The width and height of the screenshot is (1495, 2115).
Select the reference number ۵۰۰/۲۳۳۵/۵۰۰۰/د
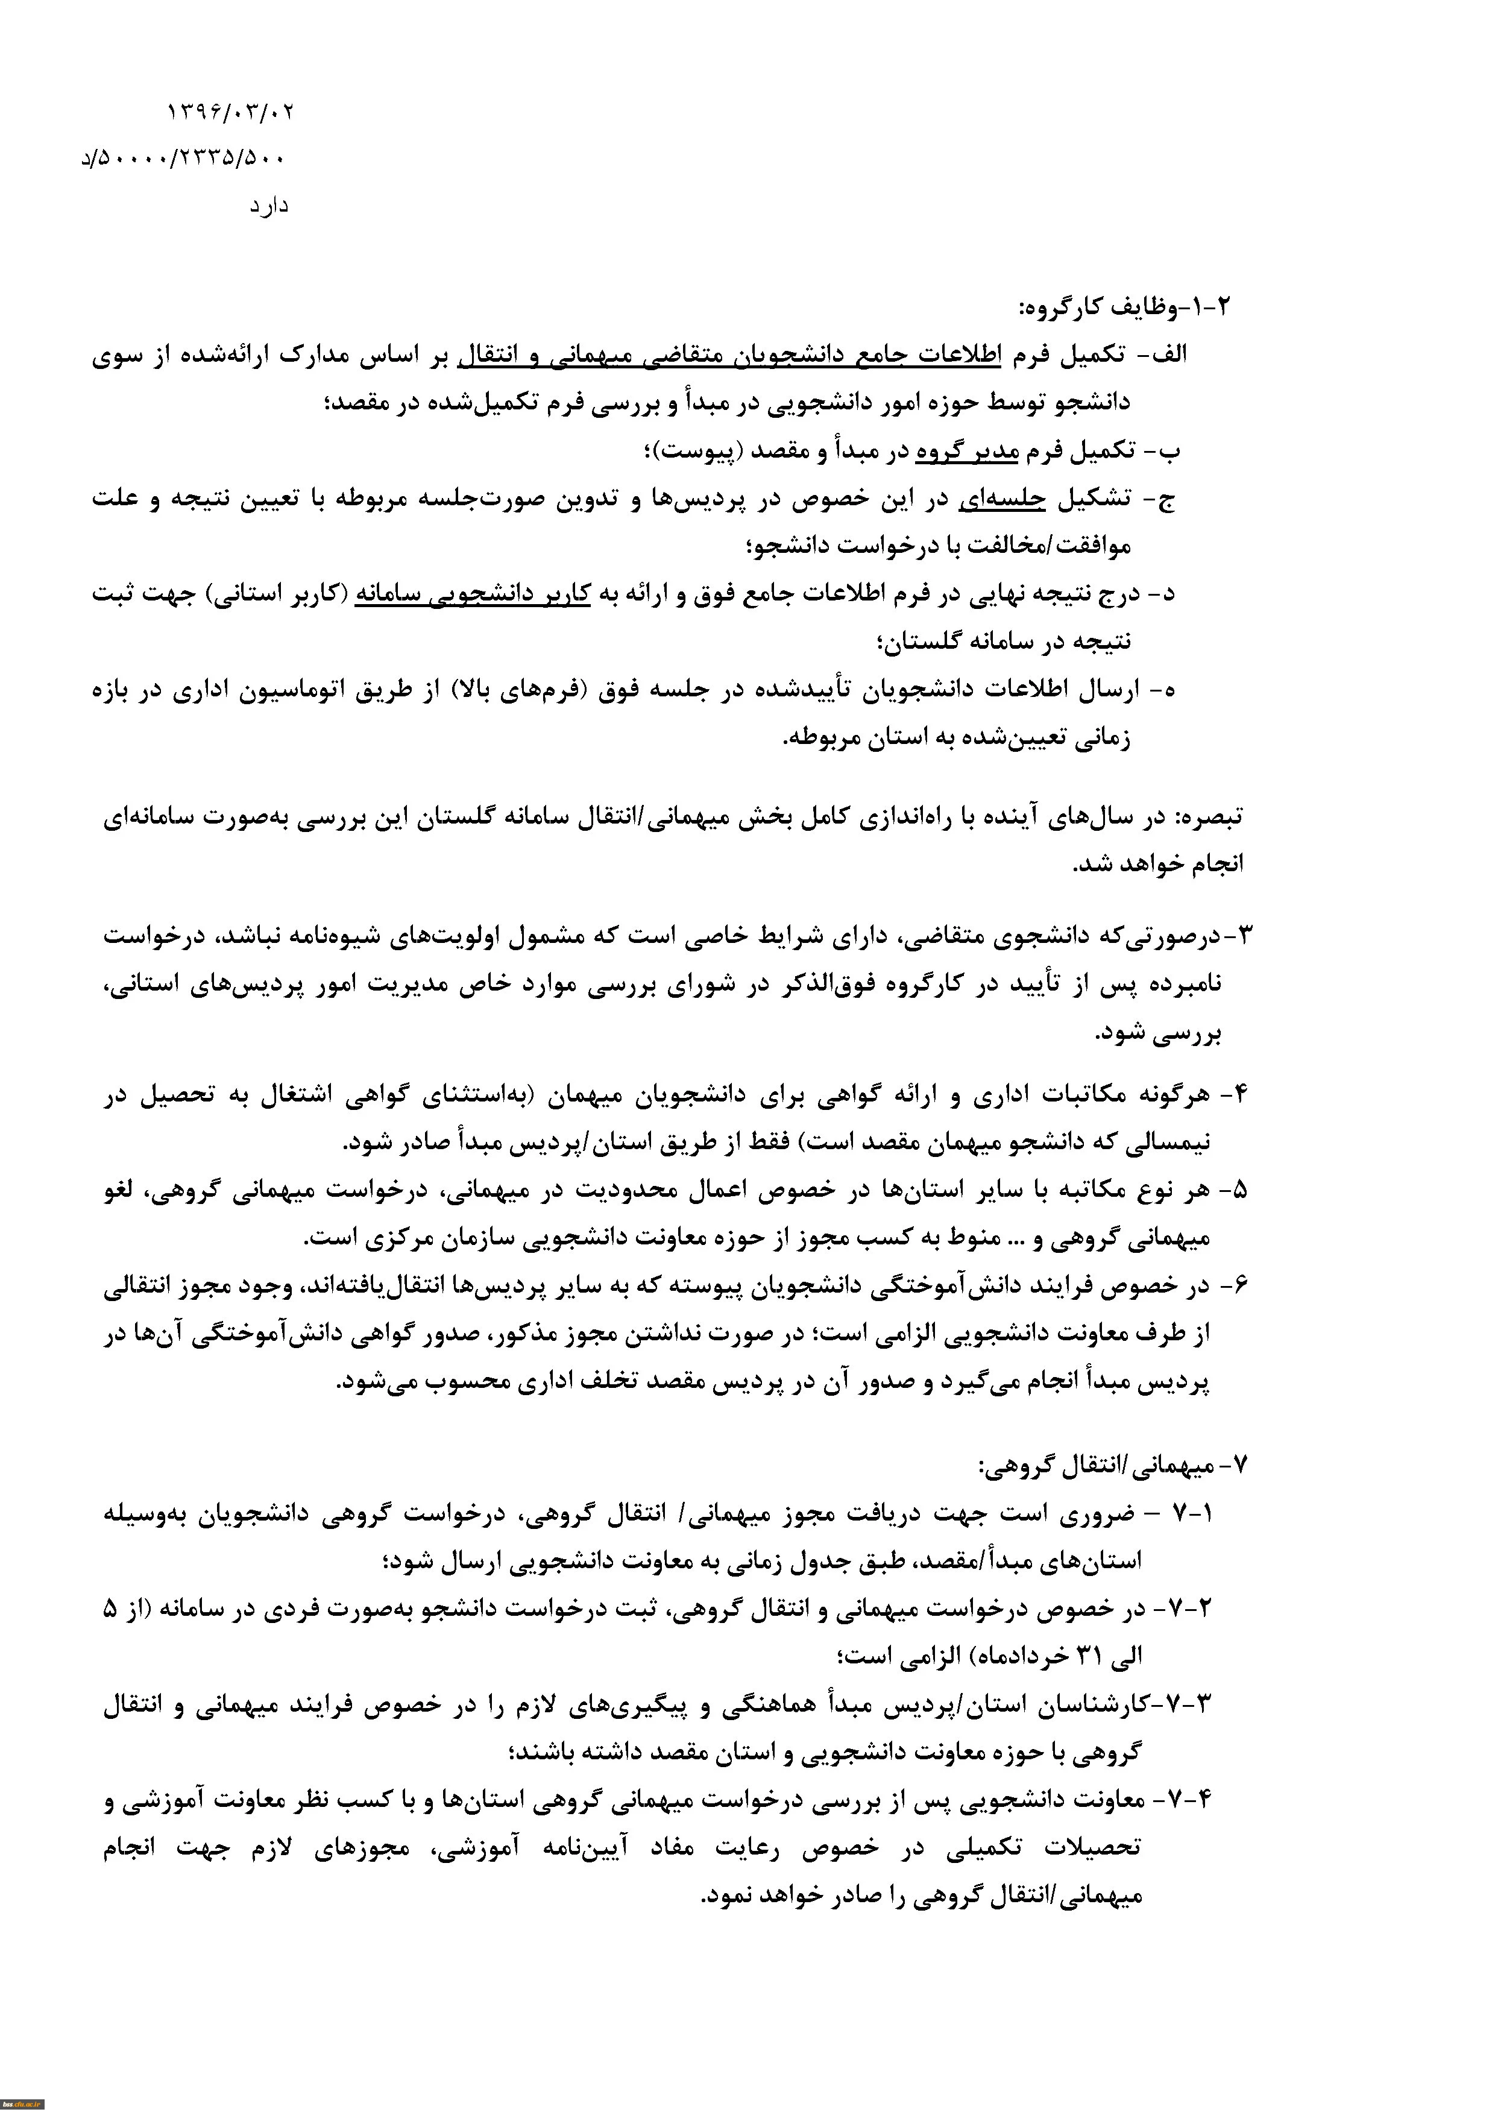[x=184, y=159]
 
